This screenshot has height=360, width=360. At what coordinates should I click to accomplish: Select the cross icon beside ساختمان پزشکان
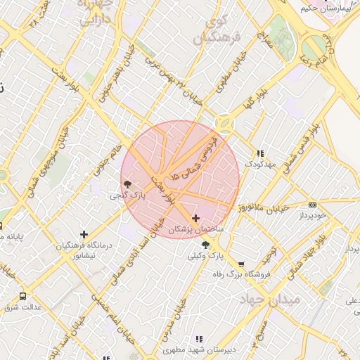tap(195, 219)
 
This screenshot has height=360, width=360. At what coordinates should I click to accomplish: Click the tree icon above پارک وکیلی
tap(205, 245)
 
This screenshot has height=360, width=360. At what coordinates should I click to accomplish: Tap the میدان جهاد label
tap(269, 300)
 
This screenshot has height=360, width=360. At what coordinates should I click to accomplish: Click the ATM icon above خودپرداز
tap(312, 205)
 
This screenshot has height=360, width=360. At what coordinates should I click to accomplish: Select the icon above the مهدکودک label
tap(259, 153)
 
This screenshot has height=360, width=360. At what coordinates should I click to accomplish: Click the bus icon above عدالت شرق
tap(22, 296)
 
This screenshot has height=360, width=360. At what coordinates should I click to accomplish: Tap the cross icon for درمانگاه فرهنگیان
tap(84, 233)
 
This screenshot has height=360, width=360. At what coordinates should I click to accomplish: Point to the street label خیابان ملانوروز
tap(280, 209)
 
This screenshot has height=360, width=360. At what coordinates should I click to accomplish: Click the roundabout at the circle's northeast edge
tap(225, 124)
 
